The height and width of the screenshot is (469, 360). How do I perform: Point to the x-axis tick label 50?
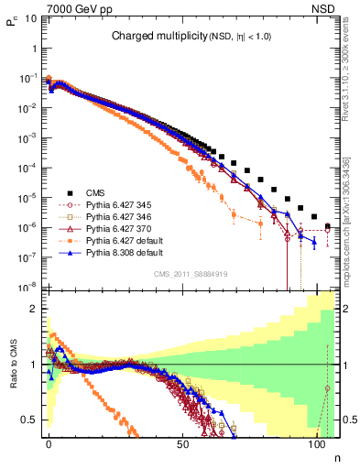pos(183,443)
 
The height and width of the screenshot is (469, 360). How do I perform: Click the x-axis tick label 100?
pos(317,443)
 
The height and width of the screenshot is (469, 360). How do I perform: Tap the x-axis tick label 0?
pos(49,443)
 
